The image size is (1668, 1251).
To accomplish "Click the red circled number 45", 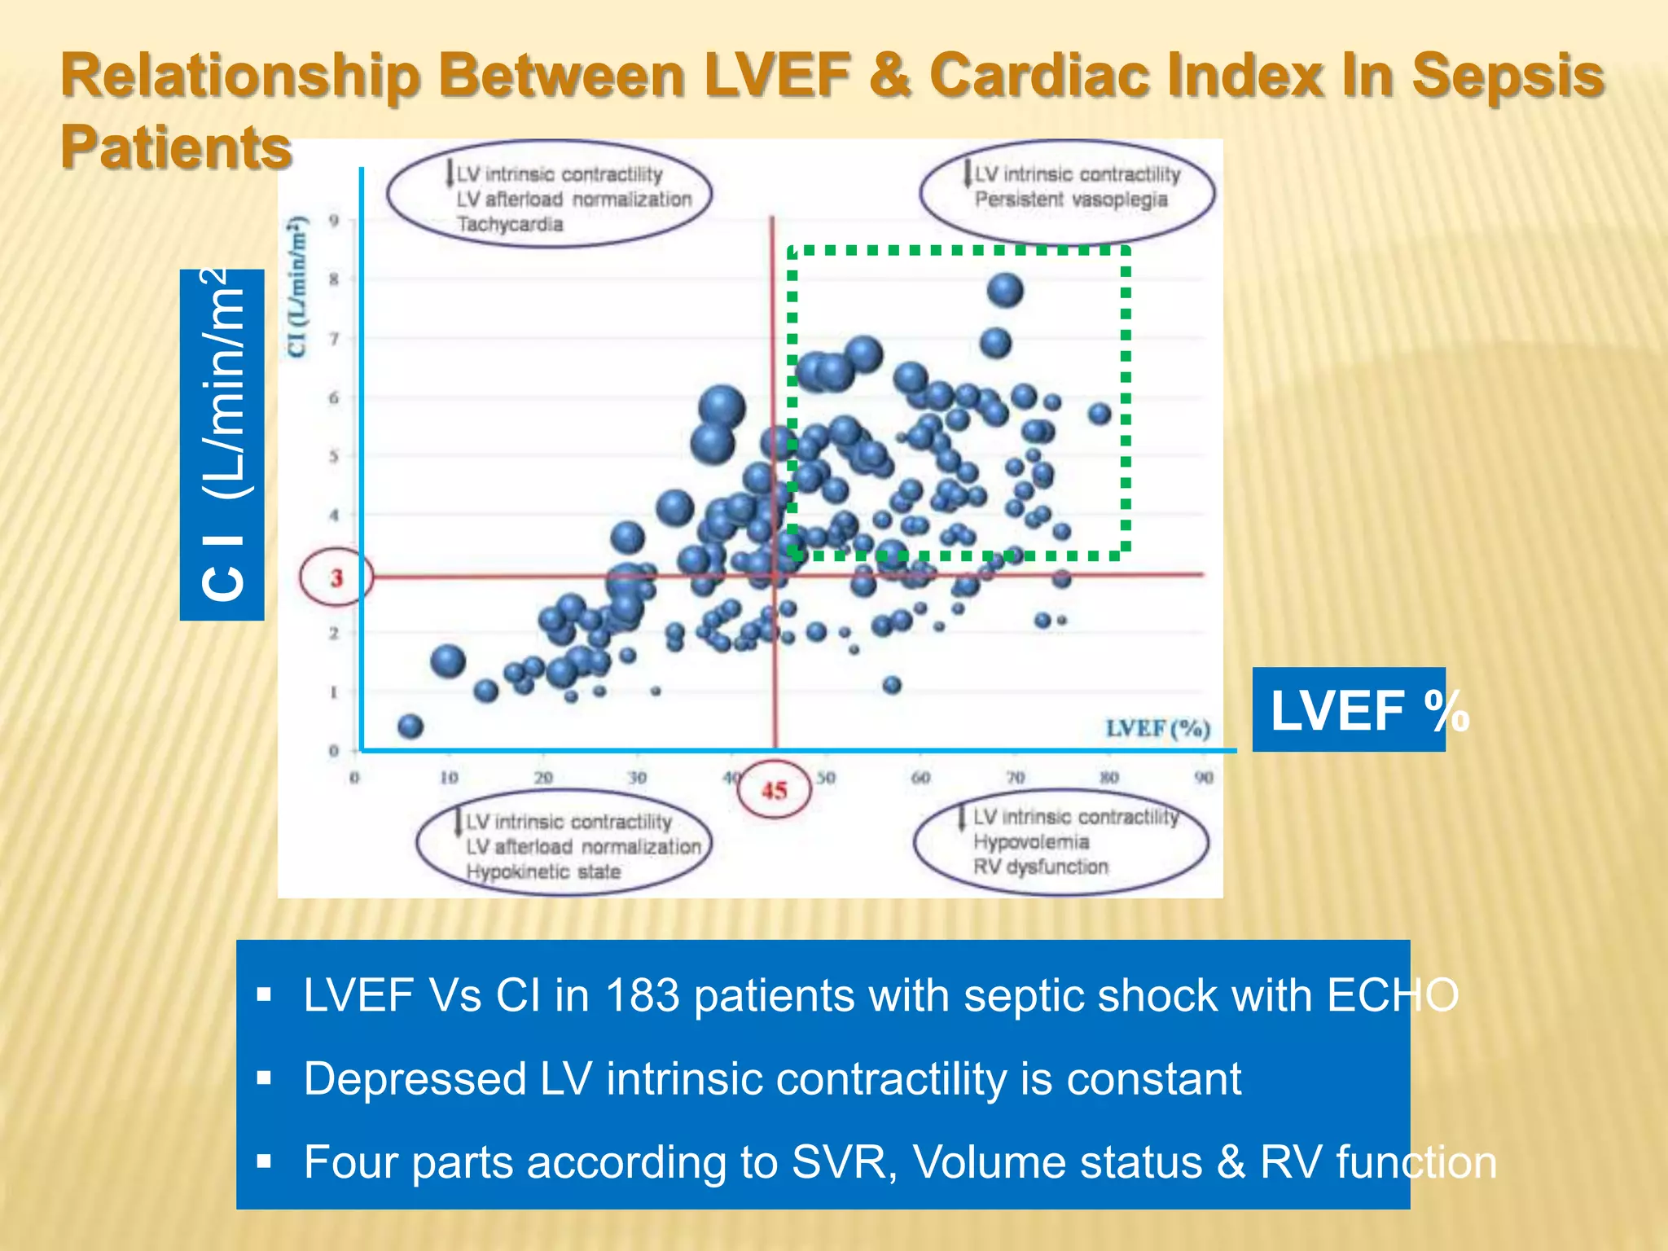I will pos(774,789).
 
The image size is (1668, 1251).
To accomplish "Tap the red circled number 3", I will pos(336,578).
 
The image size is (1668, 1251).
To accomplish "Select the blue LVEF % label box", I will pos(1349,709).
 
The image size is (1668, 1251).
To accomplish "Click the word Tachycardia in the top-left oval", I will pos(510,224).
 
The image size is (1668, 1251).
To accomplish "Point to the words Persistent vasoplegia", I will pos(1071,200).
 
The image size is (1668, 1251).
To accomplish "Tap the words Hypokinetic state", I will pos(543,871).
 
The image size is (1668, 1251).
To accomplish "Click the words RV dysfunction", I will pos(1041,867).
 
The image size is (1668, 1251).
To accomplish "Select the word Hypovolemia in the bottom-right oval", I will pos(1031,841).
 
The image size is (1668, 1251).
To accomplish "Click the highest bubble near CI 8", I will pos(1005,290).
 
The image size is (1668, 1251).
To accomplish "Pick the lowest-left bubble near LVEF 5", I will pos(410,726).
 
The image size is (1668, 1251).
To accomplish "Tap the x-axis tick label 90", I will pos(1204,778).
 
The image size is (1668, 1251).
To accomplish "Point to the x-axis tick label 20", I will pos(543,778).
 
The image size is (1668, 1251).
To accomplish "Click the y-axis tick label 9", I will pos(334,220).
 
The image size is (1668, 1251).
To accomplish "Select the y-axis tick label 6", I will pos(334,397).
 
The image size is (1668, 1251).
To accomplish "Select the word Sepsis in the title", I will pos(1507,75).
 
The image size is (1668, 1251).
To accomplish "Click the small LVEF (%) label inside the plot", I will pos(1157,728).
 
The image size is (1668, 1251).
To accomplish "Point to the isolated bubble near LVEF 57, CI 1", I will pos(892,685).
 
